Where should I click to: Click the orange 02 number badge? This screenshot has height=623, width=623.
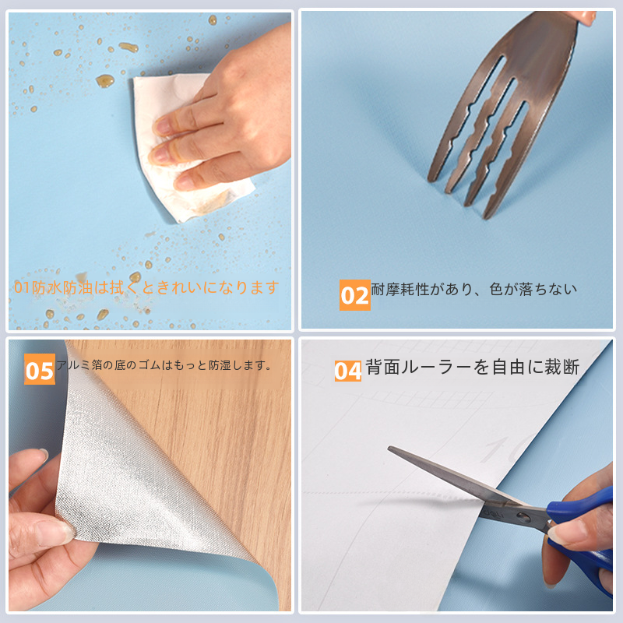pyautogui.click(x=354, y=295)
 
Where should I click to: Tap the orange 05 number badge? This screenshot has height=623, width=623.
pyautogui.click(x=40, y=369)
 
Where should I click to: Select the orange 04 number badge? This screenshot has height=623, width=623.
pyautogui.click(x=347, y=371)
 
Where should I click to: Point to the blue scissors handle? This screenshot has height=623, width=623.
pyautogui.click(x=585, y=537)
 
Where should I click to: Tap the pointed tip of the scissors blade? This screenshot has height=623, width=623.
pyautogui.click(x=389, y=448)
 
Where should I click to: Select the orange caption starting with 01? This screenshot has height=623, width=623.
pyautogui.click(x=146, y=287)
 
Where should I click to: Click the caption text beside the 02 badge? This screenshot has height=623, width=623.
pyautogui.click(x=473, y=289)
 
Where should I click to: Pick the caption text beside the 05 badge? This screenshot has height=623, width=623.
pyautogui.click(x=164, y=364)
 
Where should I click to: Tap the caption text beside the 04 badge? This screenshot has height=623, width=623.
pyautogui.click(x=473, y=367)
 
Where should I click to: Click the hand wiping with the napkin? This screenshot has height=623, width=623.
pyautogui.click(x=227, y=119)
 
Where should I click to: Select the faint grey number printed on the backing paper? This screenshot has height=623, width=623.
pyautogui.click(x=502, y=449)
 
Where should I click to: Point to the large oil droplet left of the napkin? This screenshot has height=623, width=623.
pyautogui.click(x=105, y=81)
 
